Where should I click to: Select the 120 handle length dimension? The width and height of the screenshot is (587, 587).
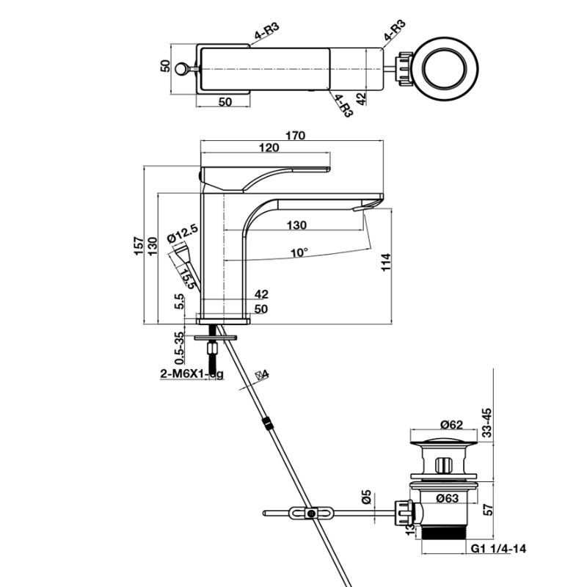269,148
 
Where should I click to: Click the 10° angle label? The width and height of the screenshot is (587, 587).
299,252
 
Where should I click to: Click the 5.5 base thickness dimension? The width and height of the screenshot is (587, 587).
178,302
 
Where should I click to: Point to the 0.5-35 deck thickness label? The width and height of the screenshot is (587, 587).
178,347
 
